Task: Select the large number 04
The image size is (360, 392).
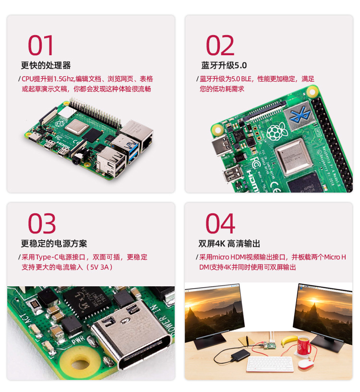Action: click(220, 224)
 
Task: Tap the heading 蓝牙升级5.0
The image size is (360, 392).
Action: click(224, 65)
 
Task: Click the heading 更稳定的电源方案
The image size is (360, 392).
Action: click(54, 244)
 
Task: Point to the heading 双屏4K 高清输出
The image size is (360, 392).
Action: click(229, 244)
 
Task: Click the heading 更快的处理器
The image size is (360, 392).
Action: click(46, 65)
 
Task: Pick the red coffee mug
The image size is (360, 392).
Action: click(303, 346)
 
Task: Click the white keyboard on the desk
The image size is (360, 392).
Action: click(269, 364)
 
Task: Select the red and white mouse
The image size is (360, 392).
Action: click(305, 364)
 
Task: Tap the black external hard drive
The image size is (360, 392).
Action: click(240, 355)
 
